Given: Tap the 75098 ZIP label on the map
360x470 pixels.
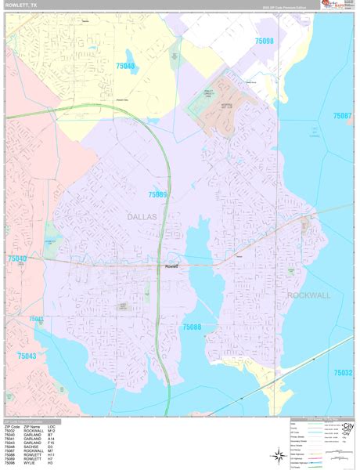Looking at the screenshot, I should click(265, 40).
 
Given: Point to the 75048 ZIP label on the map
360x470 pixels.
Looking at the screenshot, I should click(125, 66).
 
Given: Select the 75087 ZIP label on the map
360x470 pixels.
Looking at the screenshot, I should click(342, 116).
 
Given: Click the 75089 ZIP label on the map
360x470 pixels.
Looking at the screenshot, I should click(158, 194).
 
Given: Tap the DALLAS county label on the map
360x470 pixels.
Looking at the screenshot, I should click(142, 216).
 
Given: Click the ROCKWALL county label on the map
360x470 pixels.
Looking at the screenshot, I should click(310, 295).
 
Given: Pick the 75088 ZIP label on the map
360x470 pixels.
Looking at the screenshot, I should click(192, 327).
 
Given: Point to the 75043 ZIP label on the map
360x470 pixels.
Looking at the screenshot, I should click(27, 356).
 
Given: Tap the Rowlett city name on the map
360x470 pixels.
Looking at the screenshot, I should click(172, 266).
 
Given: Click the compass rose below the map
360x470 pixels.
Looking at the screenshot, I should click(279, 454).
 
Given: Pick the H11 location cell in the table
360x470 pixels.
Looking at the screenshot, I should click(62, 455).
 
